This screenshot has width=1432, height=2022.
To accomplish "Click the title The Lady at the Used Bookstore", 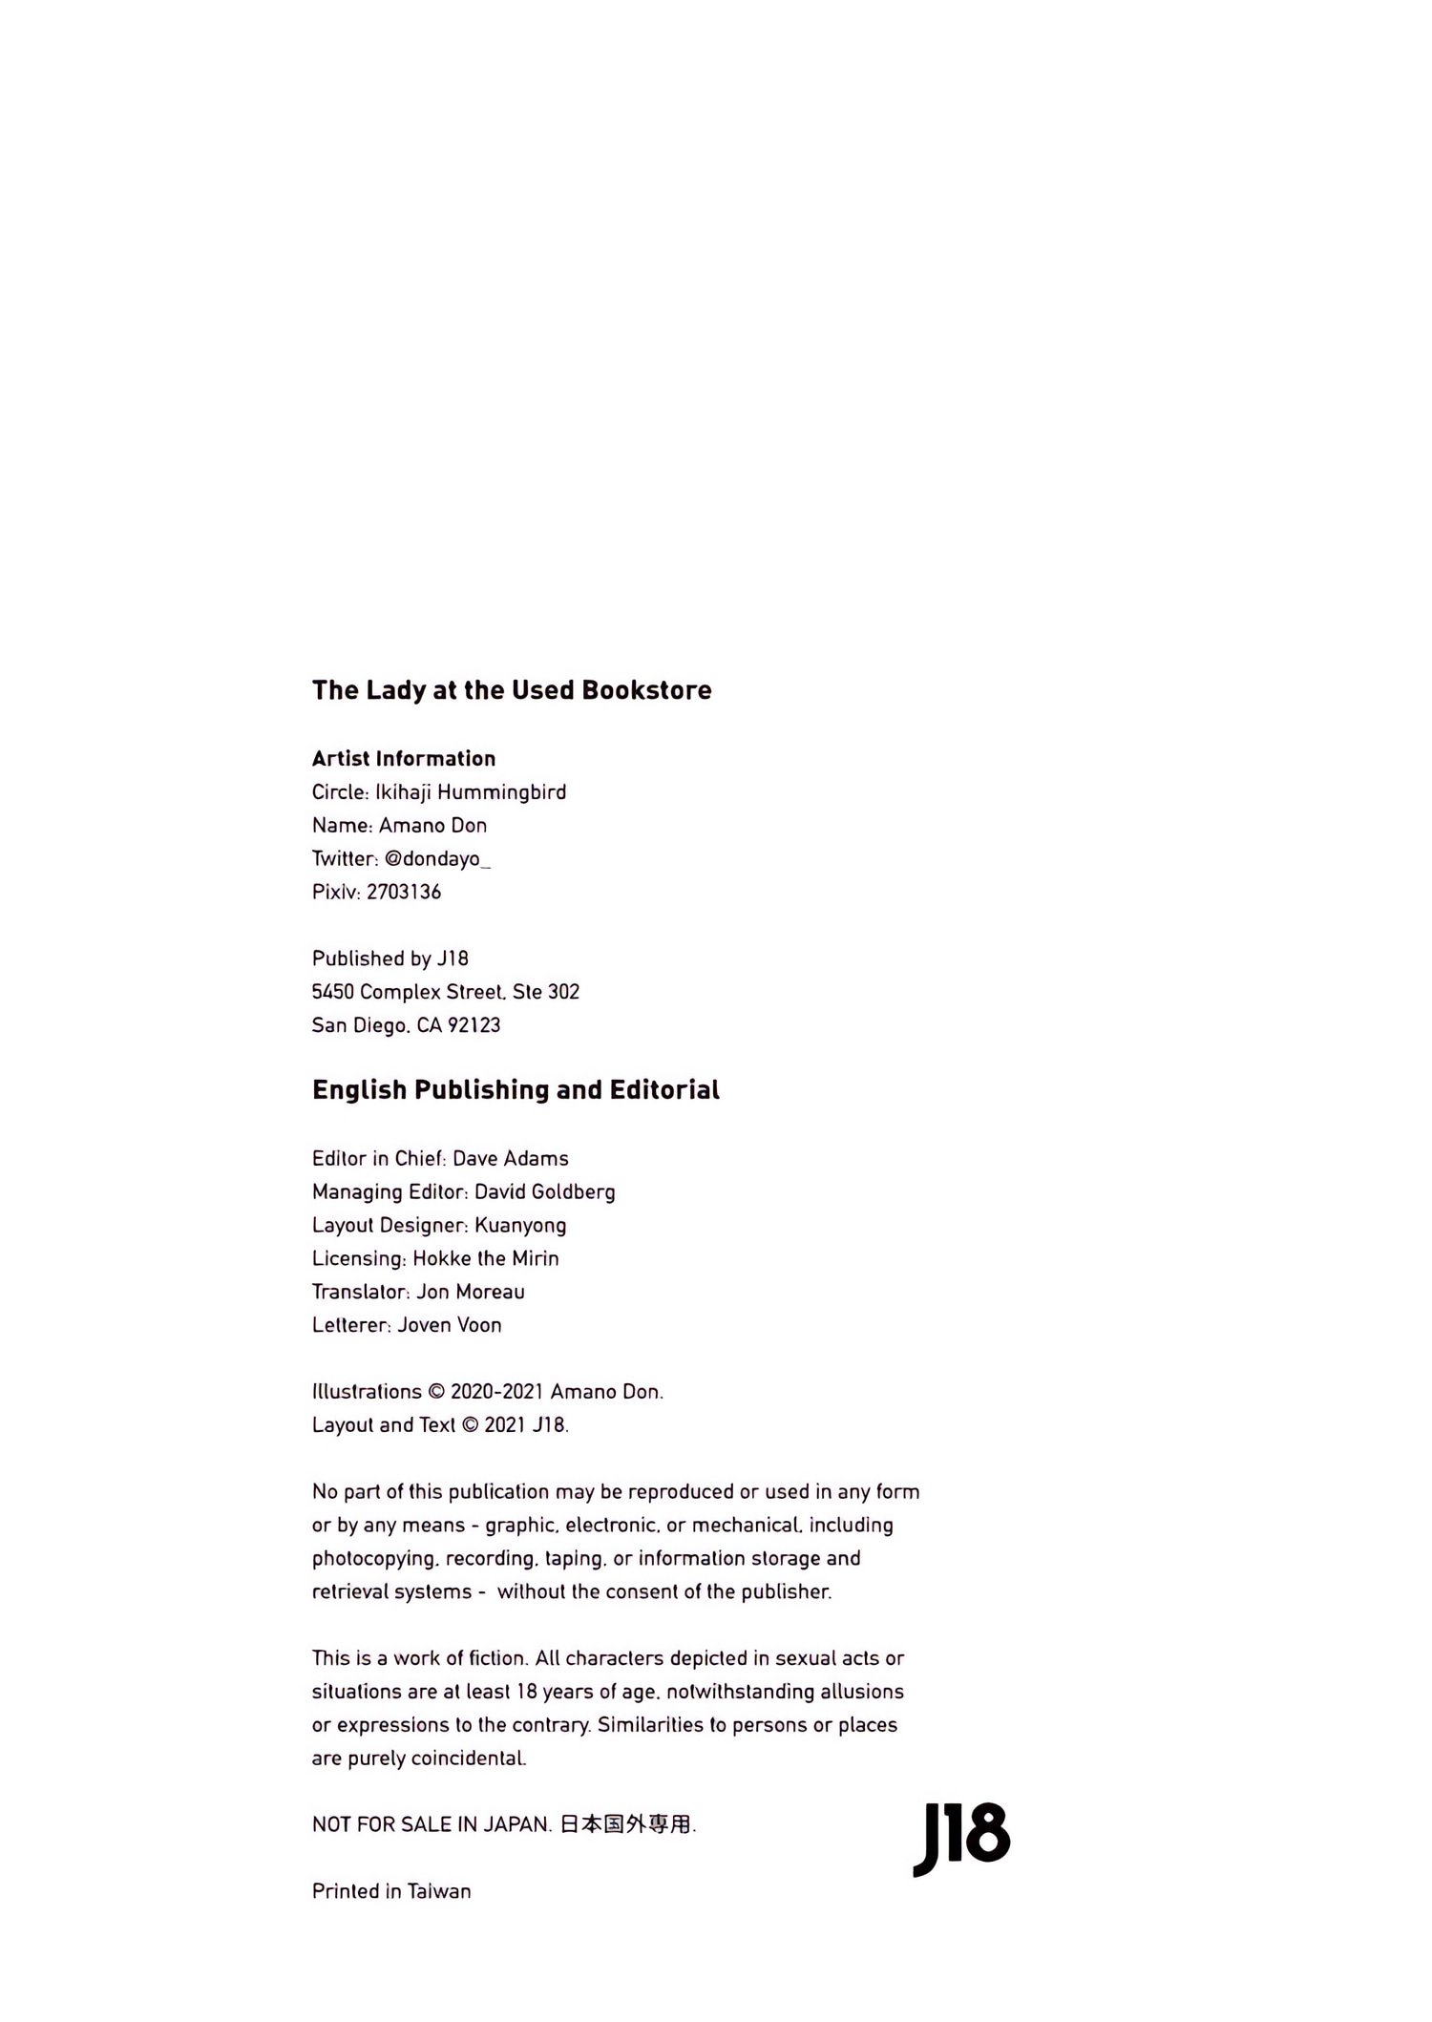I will [x=512, y=690].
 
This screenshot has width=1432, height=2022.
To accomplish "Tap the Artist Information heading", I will [x=404, y=759].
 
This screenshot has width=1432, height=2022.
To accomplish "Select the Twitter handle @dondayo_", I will [x=437, y=858].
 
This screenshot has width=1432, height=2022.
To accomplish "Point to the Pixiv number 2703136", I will [x=404, y=892].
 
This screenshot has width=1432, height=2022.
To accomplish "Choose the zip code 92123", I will [x=474, y=1025].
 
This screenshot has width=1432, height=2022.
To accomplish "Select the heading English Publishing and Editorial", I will [x=516, y=1090].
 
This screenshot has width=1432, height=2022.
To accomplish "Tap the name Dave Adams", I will [x=511, y=1159].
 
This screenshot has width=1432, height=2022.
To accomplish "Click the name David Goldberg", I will [x=545, y=1192].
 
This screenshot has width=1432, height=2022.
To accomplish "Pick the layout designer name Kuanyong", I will [x=520, y=1226].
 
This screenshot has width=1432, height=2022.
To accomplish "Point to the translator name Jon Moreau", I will [x=471, y=1292].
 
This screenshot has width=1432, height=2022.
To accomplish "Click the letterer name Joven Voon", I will [x=450, y=1325].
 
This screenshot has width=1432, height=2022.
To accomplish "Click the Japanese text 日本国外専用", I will [x=624, y=1824].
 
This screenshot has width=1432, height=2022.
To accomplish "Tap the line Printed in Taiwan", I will [x=391, y=1891].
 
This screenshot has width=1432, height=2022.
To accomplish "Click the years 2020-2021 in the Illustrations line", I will [x=496, y=1392].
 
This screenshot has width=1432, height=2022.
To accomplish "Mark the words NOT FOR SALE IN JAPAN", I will [x=432, y=1824].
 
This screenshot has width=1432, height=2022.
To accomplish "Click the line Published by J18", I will [x=390, y=958].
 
